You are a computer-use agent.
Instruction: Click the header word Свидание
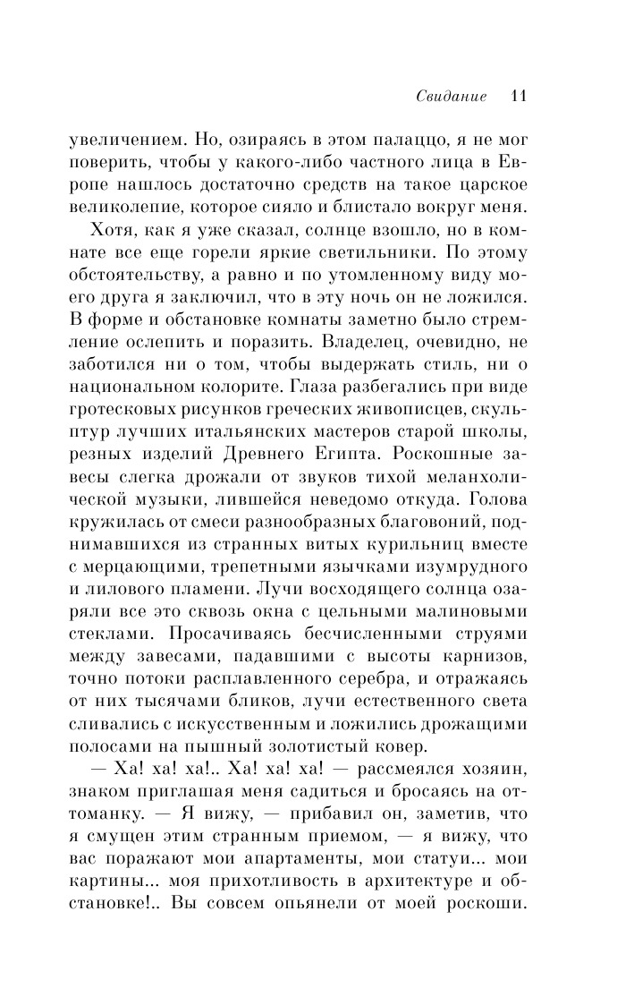[451, 97]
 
